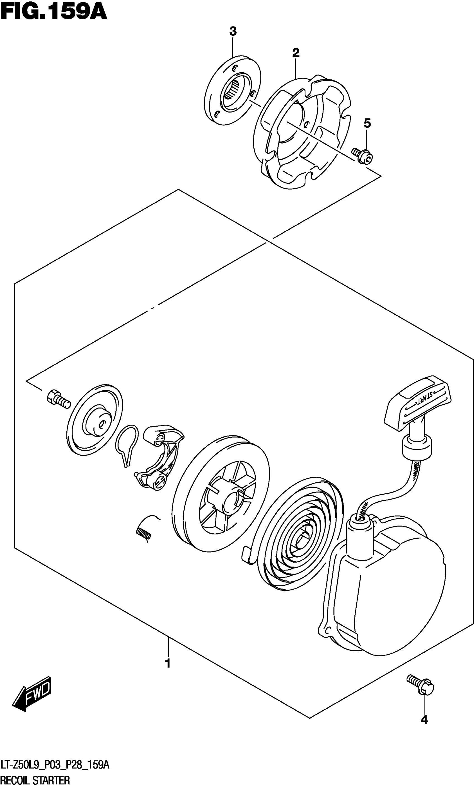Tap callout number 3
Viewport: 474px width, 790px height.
(x=233, y=31)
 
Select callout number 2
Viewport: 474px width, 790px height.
(x=296, y=53)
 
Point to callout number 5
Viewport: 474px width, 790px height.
(x=367, y=123)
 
